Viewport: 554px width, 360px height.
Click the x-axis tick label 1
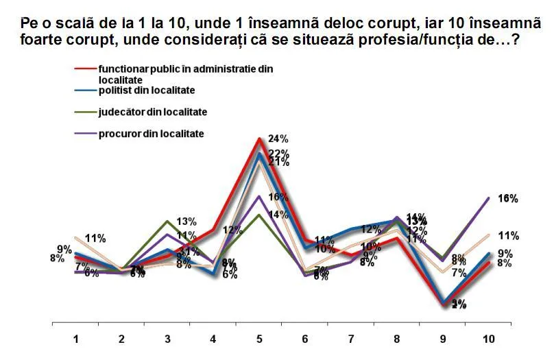(75, 339)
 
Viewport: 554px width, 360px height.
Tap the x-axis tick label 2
(121, 339)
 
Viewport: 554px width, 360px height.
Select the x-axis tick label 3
(167, 339)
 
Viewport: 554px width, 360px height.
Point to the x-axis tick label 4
(213, 339)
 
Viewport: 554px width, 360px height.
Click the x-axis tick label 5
(259, 339)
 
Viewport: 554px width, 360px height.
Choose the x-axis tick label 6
(306, 339)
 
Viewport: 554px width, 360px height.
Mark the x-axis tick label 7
(352, 339)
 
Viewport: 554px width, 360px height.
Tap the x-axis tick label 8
(398, 339)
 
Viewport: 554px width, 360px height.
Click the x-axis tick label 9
(444, 339)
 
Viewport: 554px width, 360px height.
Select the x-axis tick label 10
(489, 339)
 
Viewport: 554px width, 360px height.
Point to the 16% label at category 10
(507, 199)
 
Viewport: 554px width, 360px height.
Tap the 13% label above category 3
(186, 221)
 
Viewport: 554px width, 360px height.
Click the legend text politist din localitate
(147, 90)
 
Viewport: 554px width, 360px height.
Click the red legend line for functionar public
(85, 69)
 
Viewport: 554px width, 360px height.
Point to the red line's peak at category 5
(259, 139)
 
